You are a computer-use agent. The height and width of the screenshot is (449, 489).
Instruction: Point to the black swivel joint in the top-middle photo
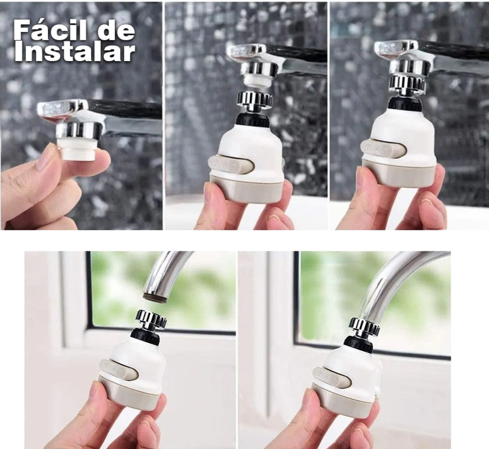coord(251,120)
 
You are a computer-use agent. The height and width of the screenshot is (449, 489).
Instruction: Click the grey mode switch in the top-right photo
coord(384,148)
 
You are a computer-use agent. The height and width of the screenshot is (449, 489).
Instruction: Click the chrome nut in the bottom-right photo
coord(364,327)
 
